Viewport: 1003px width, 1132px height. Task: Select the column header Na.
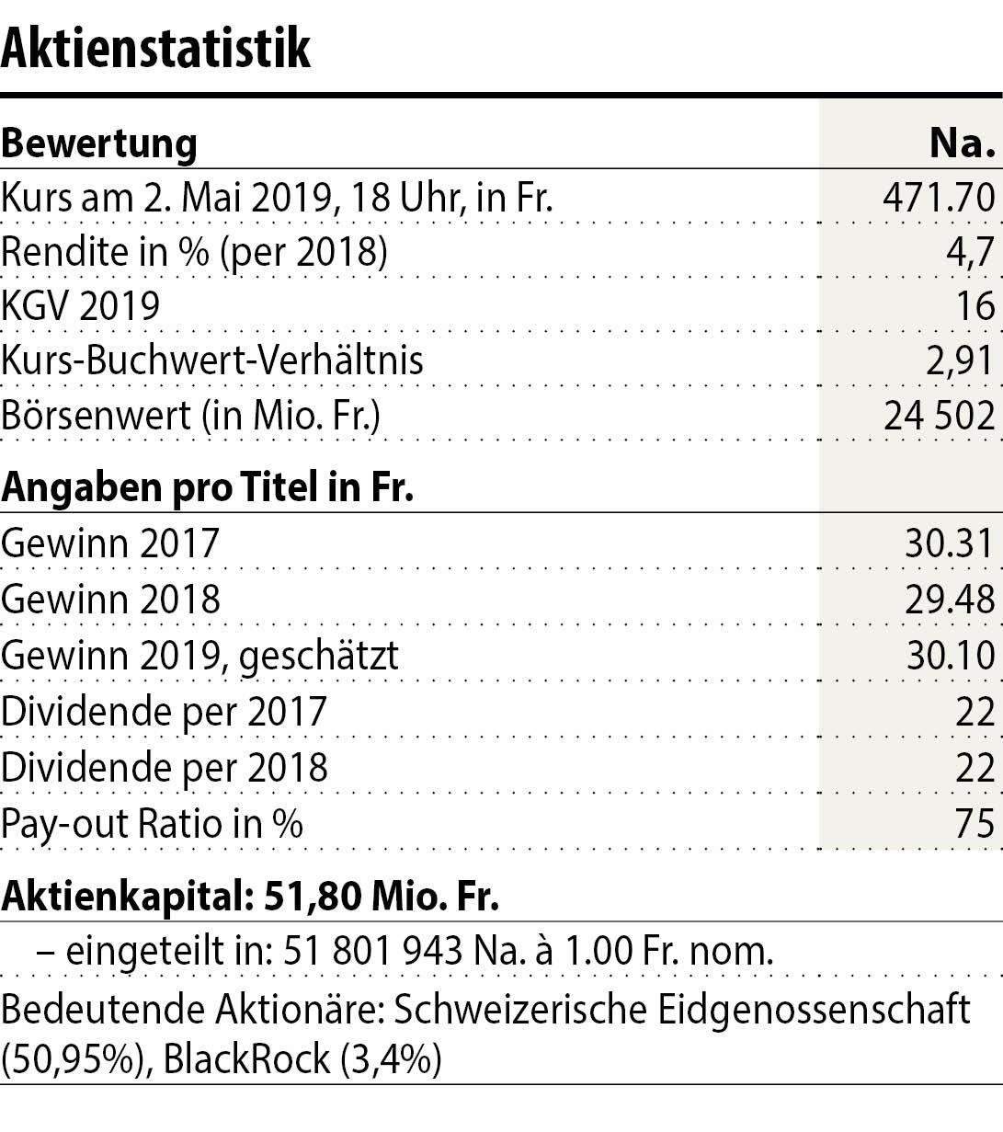[x=963, y=143]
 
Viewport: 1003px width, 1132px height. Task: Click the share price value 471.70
[x=939, y=197]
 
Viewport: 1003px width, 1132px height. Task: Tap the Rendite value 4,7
[x=971, y=252]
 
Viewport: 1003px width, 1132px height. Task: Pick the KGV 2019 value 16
[x=975, y=305]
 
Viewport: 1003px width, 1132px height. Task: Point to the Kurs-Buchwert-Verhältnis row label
[x=212, y=360]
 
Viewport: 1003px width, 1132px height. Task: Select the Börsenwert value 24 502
[x=939, y=415]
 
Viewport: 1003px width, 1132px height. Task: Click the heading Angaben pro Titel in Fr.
[x=207, y=487]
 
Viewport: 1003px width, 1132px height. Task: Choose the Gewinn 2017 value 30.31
[x=950, y=543]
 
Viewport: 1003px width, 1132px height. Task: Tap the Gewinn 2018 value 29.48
[x=950, y=600]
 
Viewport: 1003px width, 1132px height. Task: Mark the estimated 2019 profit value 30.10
[x=950, y=656]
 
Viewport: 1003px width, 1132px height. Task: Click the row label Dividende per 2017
[x=165, y=711]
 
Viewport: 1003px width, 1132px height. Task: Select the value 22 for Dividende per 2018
[x=975, y=767]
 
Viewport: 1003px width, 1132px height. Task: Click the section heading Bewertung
[x=99, y=143]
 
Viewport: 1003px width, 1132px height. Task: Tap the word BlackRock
[x=245, y=1059]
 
